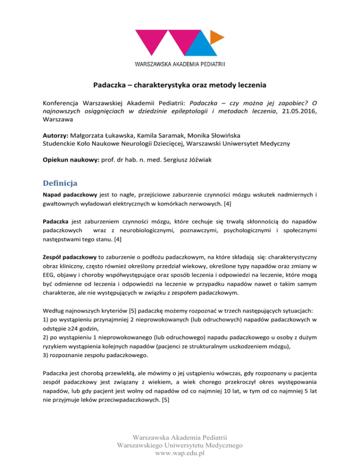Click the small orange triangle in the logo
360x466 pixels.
pyautogui.click(x=217, y=36)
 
